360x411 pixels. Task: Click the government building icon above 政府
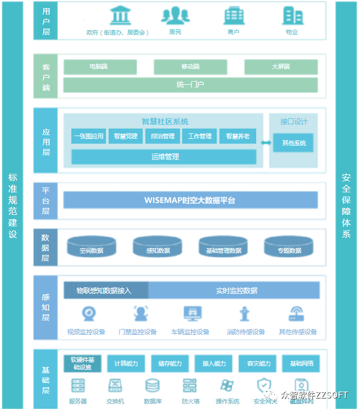tap(120, 16)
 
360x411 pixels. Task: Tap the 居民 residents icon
tap(175, 16)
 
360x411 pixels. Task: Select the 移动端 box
tap(190, 67)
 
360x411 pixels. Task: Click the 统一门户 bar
tap(190, 85)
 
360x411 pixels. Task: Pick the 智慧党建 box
tap(125, 137)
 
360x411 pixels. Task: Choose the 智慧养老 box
tap(237, 137)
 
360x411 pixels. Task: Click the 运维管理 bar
tap(164, 157)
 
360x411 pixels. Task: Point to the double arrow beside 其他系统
tap(266, 143)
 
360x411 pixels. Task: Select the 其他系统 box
tap(294, 143)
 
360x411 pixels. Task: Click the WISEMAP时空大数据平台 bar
tap(190, 200)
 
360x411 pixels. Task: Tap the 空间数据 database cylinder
tap(91, 247)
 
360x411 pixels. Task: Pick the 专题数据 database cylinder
tap(289, 247)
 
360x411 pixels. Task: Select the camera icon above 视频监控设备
tap(88, 314)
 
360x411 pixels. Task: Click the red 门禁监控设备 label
tap(137, 332)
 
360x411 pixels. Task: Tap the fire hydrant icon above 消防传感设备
tap(245, 314)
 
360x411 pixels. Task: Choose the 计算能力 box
tap(125, 363)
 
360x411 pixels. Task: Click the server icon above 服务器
tap(78, 386)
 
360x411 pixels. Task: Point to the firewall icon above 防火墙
tap(190, 386)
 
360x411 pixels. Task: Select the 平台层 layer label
tap(45, 200)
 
